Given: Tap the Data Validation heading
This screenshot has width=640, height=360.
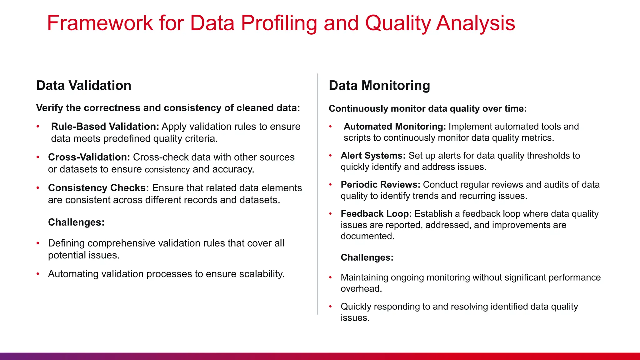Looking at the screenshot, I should coord(83,86).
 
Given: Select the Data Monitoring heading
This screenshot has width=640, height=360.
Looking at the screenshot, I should coord(379,86).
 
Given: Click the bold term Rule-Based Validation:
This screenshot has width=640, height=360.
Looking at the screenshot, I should coord(105,127).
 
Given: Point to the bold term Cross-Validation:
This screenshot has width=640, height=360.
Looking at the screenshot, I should coord(89,157).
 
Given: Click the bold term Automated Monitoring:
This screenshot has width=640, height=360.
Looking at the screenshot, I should coord(395,127).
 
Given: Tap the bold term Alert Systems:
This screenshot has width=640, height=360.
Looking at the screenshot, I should coord(373,156).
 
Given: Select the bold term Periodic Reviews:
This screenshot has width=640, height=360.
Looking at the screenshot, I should coord(380,185).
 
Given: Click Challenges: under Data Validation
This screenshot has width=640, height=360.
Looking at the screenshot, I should coord(76,222).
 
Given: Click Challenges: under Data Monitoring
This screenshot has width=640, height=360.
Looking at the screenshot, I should coord(367,257).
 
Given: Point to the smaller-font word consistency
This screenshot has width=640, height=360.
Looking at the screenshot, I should coord(167,170).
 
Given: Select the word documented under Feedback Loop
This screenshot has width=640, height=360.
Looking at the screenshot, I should coord(367,236).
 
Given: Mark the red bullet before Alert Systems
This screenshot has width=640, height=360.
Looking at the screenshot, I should coord(330,156).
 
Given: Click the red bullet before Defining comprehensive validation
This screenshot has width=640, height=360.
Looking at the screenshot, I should coord(38,243).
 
